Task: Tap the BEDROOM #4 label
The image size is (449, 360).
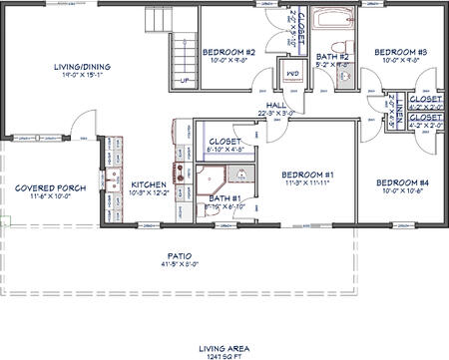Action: (x=402, y=182)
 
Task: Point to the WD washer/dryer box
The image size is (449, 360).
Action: (x=293, y=75)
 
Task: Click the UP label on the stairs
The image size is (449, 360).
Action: (x=183, y=81)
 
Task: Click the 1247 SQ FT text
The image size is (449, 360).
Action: (x=224, y=355)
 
